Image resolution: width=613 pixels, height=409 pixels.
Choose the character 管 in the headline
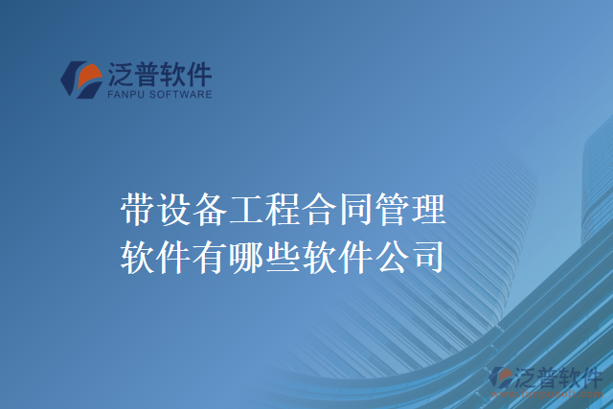point(394,208)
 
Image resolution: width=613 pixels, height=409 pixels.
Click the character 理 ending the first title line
point(430,208)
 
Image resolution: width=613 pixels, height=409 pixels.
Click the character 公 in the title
point(394,255)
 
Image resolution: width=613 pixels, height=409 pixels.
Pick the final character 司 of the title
point(430,255)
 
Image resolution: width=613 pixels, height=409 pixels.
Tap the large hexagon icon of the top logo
point(80,80)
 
